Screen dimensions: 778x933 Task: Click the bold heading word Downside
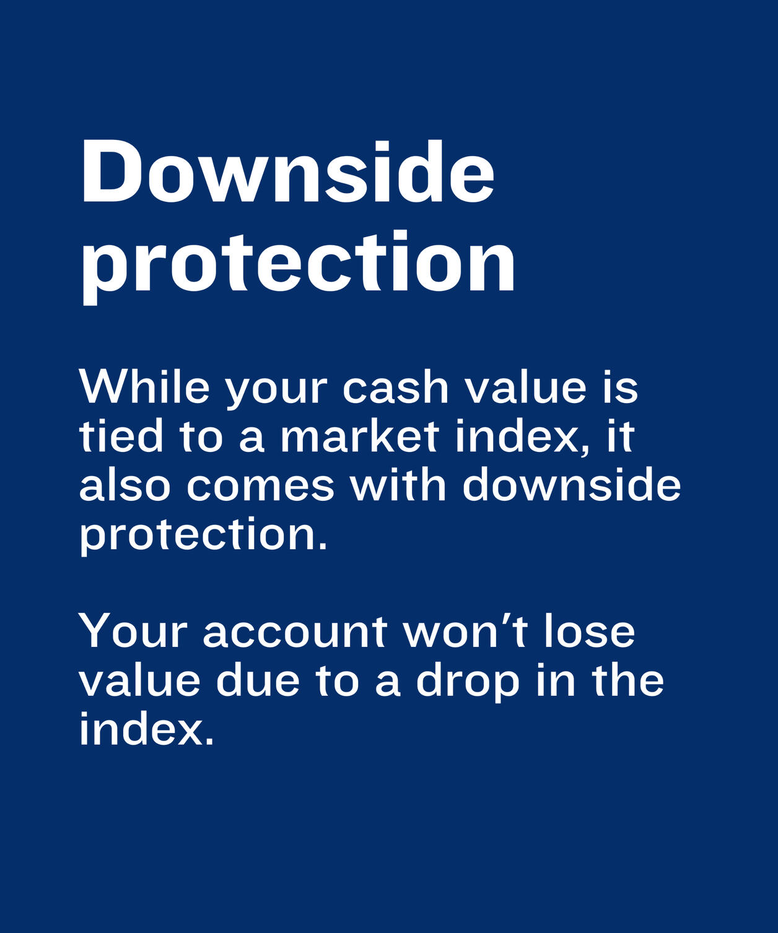(287, 172)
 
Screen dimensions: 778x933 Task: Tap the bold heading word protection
(299, 267)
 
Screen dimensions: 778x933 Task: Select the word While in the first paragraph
(144, 386)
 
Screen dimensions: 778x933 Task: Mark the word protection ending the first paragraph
(203, 536)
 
